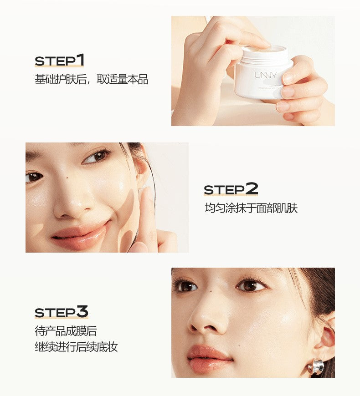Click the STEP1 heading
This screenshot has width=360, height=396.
(x=60, y=61)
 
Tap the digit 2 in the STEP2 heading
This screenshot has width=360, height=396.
(x=252, y=188)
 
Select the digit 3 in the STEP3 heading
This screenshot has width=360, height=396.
(x=82, y=312)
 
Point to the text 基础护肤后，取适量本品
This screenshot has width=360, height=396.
(x=91, y=79)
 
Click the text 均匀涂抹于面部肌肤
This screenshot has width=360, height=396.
(x=251, y=208)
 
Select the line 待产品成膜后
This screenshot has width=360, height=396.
(x=66, y=330)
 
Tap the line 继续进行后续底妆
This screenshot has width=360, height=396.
(x=76, y=347)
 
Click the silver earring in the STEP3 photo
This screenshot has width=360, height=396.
(x=315, y=366)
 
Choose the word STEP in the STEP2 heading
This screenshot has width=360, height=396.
(x=224, y=190)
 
